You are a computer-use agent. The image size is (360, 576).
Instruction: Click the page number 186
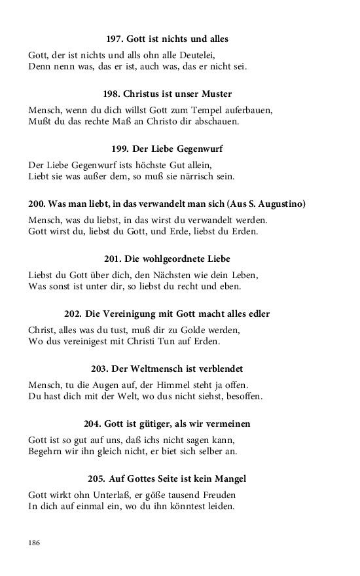pyautogui.click(x=34, y=542)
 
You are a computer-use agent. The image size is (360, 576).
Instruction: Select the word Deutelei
pyautogui.click(x=196, y=55)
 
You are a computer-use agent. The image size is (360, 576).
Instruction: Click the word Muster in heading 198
pyautogui.click(x=216, y=94)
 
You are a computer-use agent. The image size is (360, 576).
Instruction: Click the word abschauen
pyautogui.click(x=219, y=121)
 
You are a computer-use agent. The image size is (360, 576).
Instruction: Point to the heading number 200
pyautogui.click(x=37, y=204)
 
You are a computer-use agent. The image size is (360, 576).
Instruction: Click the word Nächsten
pyautogui.click(x=187, y=275)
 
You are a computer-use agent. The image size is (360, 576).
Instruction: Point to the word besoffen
pyautogui.click(x=243, y=396)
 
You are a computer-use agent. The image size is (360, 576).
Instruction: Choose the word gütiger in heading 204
pyautogui.click(x=151, y=424)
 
